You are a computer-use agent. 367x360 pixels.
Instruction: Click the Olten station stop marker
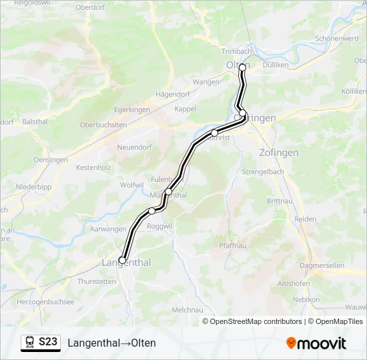[242, 67]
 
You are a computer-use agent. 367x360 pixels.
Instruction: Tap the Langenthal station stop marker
[122, 260]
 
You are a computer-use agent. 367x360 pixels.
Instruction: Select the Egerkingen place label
[131, 109]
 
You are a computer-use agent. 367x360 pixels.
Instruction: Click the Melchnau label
[187, 310]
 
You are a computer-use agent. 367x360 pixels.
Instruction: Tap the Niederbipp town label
[33, 187]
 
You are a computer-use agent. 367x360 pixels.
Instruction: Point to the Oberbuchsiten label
[103, 125]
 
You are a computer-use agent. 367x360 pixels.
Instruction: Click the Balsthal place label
[35, 121]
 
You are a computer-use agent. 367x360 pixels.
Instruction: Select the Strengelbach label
[263, 171]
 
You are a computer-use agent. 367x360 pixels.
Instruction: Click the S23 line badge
[48, 342]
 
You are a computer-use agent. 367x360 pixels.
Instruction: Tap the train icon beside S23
[31, 342]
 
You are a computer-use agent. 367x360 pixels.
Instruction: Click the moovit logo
[316, 343]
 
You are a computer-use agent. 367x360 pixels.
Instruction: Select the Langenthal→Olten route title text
[111, 343]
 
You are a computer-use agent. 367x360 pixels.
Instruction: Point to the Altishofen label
[294, 283]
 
